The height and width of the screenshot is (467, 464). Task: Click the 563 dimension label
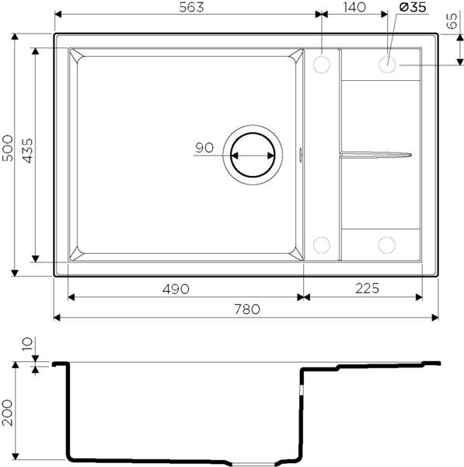191,8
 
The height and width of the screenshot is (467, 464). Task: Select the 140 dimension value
354,8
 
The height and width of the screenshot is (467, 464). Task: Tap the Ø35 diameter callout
413,7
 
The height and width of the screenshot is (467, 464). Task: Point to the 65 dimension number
452,21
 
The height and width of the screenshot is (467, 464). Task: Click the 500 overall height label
8,149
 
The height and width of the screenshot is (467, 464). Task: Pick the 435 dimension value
28,151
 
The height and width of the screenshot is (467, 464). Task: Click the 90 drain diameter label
204,147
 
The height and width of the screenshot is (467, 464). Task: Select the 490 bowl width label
176,289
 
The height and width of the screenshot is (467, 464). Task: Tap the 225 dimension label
367,288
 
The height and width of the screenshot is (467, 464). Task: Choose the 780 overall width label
247,310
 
